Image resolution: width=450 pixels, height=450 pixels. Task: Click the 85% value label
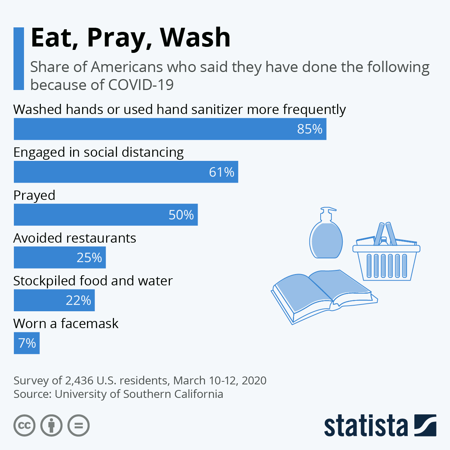point(310,129)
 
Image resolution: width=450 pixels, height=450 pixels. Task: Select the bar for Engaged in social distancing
point(126,172)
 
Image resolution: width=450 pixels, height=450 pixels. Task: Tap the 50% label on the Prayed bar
point(181,214)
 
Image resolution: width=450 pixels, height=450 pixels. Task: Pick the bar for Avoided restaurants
point(60,257)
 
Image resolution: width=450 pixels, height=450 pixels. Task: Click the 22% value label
point(78,300)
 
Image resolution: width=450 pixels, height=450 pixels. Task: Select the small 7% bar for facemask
point(27,343)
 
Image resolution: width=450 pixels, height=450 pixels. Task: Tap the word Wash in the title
point(195,37)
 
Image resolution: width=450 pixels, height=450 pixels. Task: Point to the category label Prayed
point(34,196)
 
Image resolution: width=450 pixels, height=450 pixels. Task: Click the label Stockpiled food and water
point(93,281)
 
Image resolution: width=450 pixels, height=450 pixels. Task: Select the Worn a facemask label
point(66,324)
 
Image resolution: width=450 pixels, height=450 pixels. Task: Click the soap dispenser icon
point(326,232)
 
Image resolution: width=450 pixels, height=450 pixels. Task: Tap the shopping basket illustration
point(387,251)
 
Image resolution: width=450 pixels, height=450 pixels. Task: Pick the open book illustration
point(324,297)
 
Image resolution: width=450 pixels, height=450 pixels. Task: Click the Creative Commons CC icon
point(24,426)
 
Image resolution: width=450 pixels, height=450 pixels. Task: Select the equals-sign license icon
point(78,426)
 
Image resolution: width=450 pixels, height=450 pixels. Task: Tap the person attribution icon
point(51,426)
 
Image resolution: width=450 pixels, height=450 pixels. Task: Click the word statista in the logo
point(366,426)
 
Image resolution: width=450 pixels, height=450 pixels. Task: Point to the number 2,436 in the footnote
point(79,381)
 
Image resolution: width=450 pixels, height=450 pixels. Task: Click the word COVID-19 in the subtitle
point(141,85)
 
